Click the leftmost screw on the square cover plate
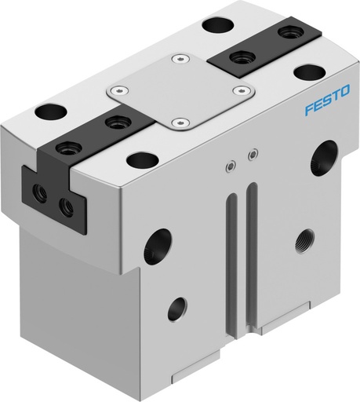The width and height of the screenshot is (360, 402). click(x=120, y=90)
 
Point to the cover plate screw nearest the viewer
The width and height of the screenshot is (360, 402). click(x=182, y=122)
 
